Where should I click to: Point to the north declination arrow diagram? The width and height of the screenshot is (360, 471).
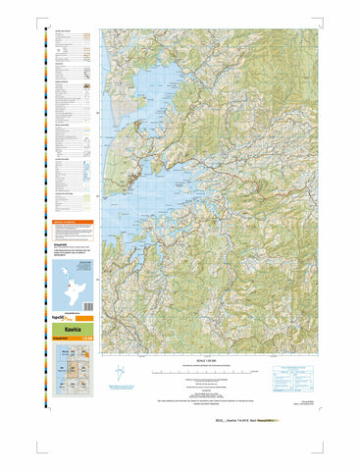(x=120, y=374)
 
